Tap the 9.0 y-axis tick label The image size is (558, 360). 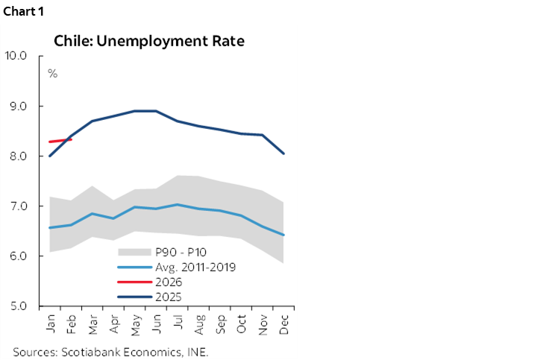pos(17,106)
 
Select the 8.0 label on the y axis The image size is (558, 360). pos(17,157)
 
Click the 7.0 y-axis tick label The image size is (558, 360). pos(17,206)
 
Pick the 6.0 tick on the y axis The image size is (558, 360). pos(17,256)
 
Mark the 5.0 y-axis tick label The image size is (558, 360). pos(17,306)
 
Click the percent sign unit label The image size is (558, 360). pos(53,74)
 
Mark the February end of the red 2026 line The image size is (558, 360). pos(71,139)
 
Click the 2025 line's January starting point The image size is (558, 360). pos(50,156)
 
